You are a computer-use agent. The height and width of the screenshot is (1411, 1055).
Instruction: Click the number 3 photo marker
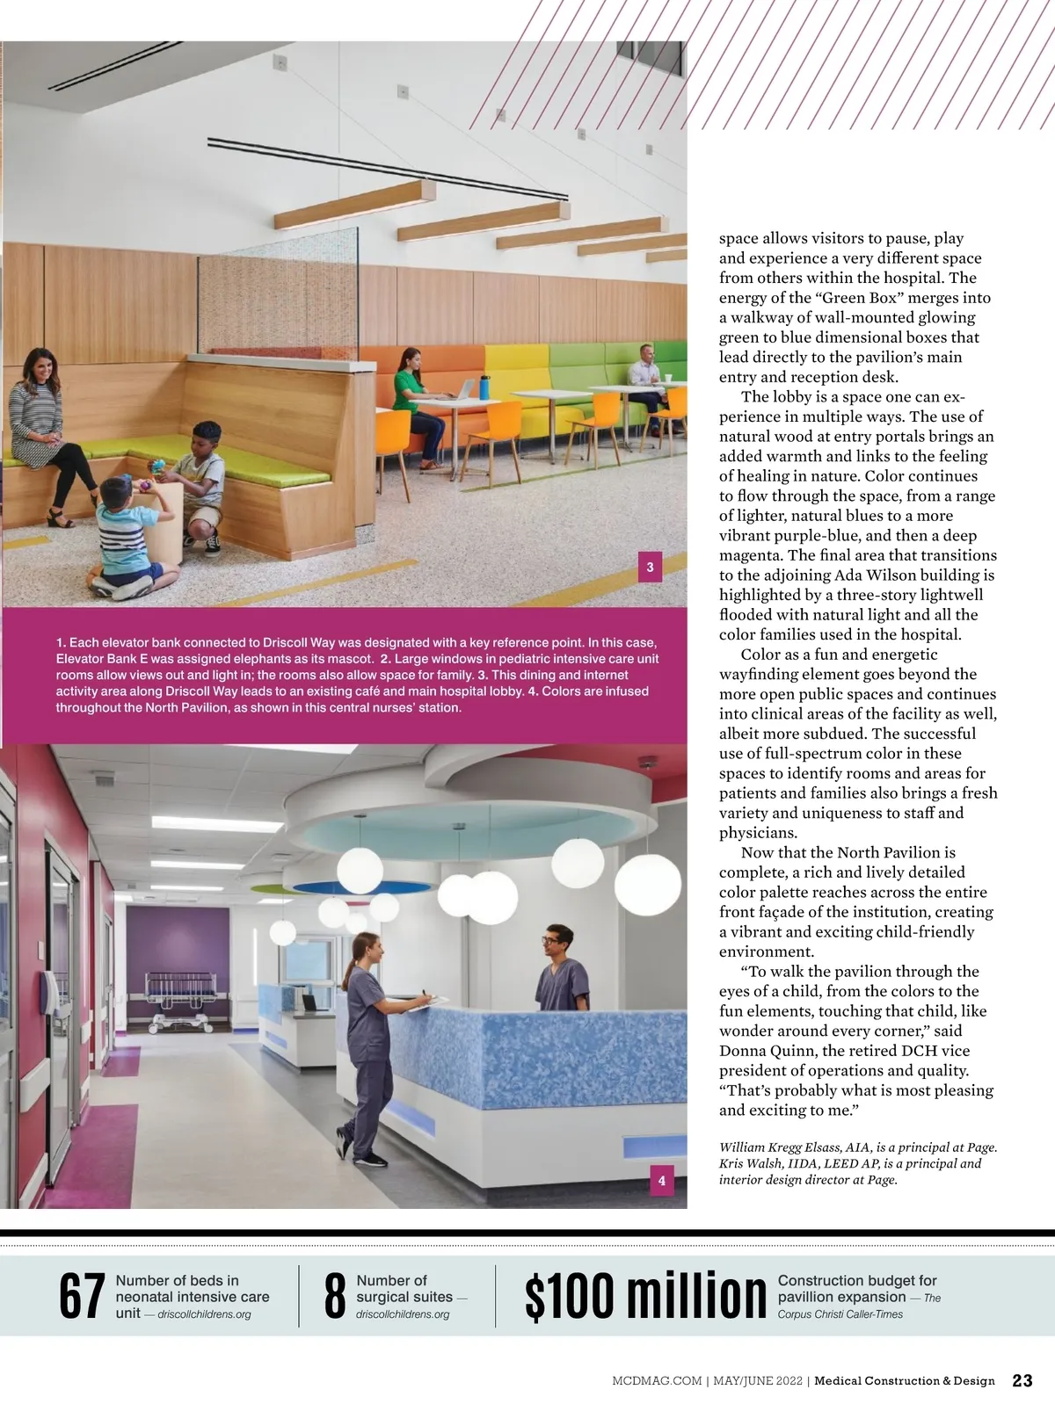(650, 568)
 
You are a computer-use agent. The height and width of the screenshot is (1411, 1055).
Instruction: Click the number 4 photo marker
(662, 1181)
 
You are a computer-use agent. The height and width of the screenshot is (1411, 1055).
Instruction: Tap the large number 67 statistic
(82, 1297)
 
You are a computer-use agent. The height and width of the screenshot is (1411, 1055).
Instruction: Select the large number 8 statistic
(335, 1297)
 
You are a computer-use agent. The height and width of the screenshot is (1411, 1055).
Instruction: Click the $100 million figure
(645, 1297)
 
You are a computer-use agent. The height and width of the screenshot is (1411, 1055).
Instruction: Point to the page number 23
(1022, 1380)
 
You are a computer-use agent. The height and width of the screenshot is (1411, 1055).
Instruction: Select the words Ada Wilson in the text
(877, 575)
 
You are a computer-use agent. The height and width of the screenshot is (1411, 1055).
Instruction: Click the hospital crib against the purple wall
(181, 1000)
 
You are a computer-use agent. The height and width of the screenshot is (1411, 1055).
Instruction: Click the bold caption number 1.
(61, 643)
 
